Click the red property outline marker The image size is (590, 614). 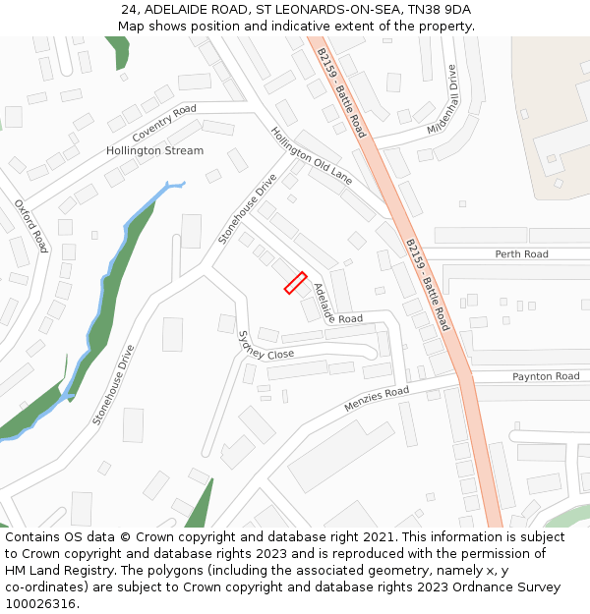(x=296, y=283)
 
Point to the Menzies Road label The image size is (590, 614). (x=377, y=399)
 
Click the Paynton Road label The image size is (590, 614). (x=546, y=376)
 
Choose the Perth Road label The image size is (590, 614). (x=521, y=254)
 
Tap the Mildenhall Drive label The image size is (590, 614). (x=443, y=100)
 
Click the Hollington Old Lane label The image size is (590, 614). (x=311, y=155)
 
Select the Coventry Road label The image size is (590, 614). (x=164, y=122)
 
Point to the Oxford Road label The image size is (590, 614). (x=30, y=226)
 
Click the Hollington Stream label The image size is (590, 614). (x=154, y=150)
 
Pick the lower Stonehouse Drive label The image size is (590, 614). (x=113, y=384)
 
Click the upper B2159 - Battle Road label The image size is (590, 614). (x=341, y=93)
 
